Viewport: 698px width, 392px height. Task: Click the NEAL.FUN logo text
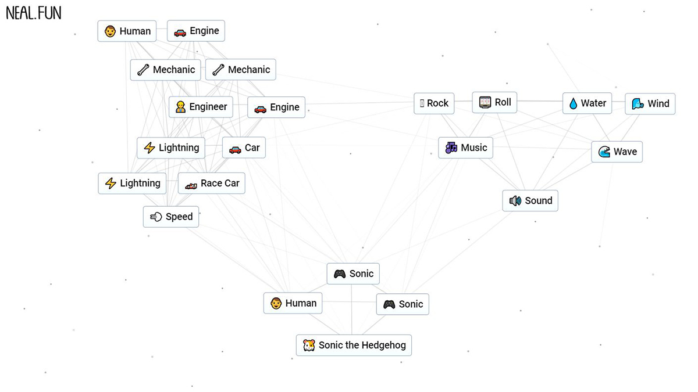click(x=33, y=13)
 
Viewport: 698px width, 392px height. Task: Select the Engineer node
click(x=201, y=107)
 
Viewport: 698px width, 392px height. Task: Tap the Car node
click(x=244, y=148)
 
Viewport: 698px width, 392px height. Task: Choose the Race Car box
click(x=212, y=184)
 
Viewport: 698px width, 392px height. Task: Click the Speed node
click(x=171, y=217)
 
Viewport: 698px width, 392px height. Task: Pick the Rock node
click(x=434, y=103)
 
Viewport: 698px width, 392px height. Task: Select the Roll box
click(x=494, y=103)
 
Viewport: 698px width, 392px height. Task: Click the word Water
click(x=593, y=103)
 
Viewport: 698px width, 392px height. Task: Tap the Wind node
click(x=650, y=104)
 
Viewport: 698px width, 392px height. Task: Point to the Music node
click(x=466, y=148)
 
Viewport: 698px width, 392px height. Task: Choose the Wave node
click(x=617, y=152)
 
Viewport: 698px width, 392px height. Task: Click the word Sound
click(x=539, y=201)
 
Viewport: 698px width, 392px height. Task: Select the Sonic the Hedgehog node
click(x=354, y=346)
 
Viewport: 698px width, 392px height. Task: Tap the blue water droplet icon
click(x=574, y=104)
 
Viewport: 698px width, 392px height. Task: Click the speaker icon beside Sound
click(x=515, y=201)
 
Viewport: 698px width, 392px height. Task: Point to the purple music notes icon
click(x=451, y=148)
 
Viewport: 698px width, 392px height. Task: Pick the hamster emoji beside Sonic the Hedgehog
click(x=309, y=346)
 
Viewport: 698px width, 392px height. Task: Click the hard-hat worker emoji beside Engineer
click(x=180, y=107)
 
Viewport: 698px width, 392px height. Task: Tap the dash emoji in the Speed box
click(x=156, y=217)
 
